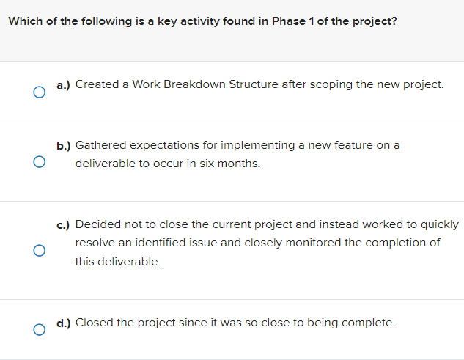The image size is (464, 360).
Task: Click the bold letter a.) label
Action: [64, 84]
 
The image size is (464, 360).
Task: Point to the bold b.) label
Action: [64, 146]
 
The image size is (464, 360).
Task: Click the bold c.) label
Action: [64, 224]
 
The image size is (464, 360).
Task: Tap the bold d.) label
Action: [64, 322]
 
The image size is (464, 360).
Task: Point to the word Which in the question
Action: [23, 21]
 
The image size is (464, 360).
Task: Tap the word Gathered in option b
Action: [100, 146]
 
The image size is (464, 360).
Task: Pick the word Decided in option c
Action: [97, 224]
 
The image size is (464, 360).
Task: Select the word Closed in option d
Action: [95, 322]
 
